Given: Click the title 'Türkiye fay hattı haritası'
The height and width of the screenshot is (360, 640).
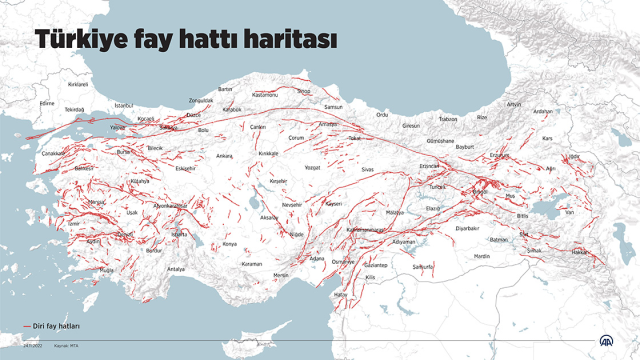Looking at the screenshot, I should pyautogui.click(x=186, y=41).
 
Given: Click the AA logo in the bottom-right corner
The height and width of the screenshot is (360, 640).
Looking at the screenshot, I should pyautogui.click(x=607, y=341).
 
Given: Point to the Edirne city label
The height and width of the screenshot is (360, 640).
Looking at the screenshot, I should pyautogui.click(x=46, y=102).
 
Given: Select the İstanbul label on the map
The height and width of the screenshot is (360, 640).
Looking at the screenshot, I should pyautogui.click(x=124, y=104).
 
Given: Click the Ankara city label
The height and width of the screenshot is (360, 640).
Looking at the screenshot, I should pyautogui.click(x=224, y=156).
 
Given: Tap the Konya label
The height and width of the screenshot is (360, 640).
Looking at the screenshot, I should pyautogui.click(x=230, y=243).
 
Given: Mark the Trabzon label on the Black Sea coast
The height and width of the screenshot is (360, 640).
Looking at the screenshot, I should pyautogui.click(x=447, y=118).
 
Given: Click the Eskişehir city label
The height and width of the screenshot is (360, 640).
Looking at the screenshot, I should pyautogui.click(x=185, y=169).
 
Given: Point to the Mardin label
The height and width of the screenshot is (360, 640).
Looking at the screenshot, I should pyautogui.click(x=482, y=256).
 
